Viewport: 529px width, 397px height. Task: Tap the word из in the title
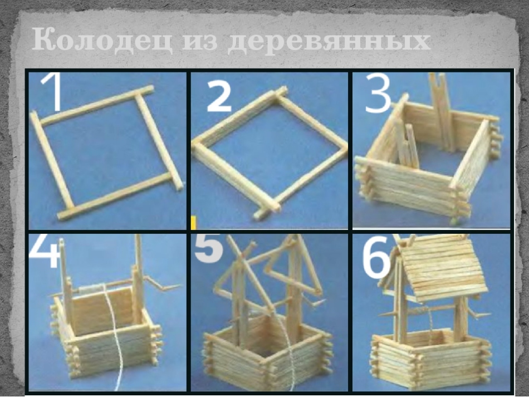199,42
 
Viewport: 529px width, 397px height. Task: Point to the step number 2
219,96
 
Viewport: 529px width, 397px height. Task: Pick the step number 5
208,248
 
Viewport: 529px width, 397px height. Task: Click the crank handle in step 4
163,284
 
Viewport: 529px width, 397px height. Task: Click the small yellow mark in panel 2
194,223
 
